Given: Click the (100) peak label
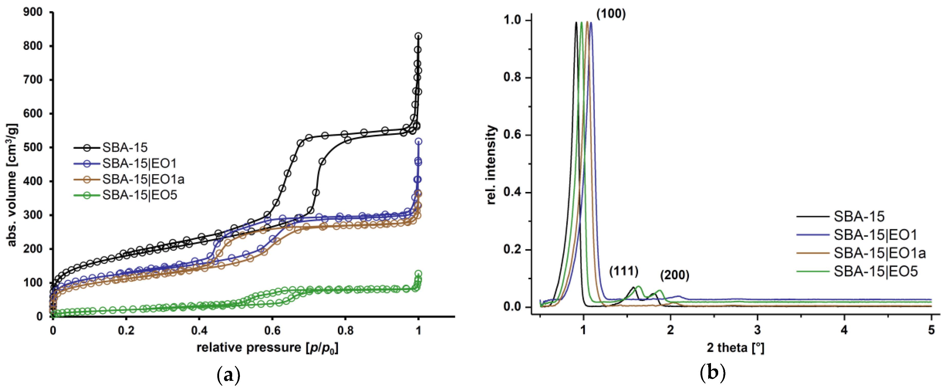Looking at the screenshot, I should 611,14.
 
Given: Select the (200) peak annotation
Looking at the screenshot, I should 674,275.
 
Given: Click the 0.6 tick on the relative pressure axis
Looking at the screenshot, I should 272,330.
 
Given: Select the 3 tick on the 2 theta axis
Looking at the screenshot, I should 757,330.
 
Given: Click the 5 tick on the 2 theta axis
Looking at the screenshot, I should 931,330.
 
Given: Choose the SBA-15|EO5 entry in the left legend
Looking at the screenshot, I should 139,195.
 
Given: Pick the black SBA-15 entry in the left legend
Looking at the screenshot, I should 125,147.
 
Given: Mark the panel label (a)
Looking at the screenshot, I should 229,375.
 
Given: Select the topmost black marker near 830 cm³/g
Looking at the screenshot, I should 418,36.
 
